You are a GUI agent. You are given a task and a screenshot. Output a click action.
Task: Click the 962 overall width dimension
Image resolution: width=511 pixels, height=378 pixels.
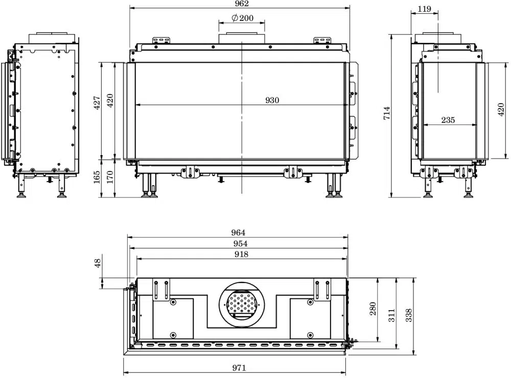click(242, 4)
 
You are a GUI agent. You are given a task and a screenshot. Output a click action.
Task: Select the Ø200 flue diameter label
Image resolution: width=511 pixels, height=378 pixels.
click(242, 18)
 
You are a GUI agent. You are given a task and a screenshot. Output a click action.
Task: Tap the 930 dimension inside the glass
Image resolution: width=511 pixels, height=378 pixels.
click(272, 100)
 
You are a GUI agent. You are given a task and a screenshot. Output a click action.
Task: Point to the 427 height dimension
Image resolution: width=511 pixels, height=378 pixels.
click(97, 103)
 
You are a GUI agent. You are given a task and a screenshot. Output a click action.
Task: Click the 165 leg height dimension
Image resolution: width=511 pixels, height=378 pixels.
click(97, 177)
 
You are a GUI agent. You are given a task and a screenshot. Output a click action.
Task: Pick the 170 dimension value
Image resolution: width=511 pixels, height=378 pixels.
click(110, 177)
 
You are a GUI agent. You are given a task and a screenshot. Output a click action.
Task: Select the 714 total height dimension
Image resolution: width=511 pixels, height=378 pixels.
click(386, 113)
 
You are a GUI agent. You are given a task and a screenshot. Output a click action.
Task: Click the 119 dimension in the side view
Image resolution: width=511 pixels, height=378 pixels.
click(424, 9)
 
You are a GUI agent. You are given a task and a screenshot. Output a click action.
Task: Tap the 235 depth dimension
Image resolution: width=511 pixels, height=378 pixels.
click(448, 120)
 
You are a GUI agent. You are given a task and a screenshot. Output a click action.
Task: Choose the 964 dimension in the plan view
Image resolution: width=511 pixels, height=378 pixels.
click(238, 233)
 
